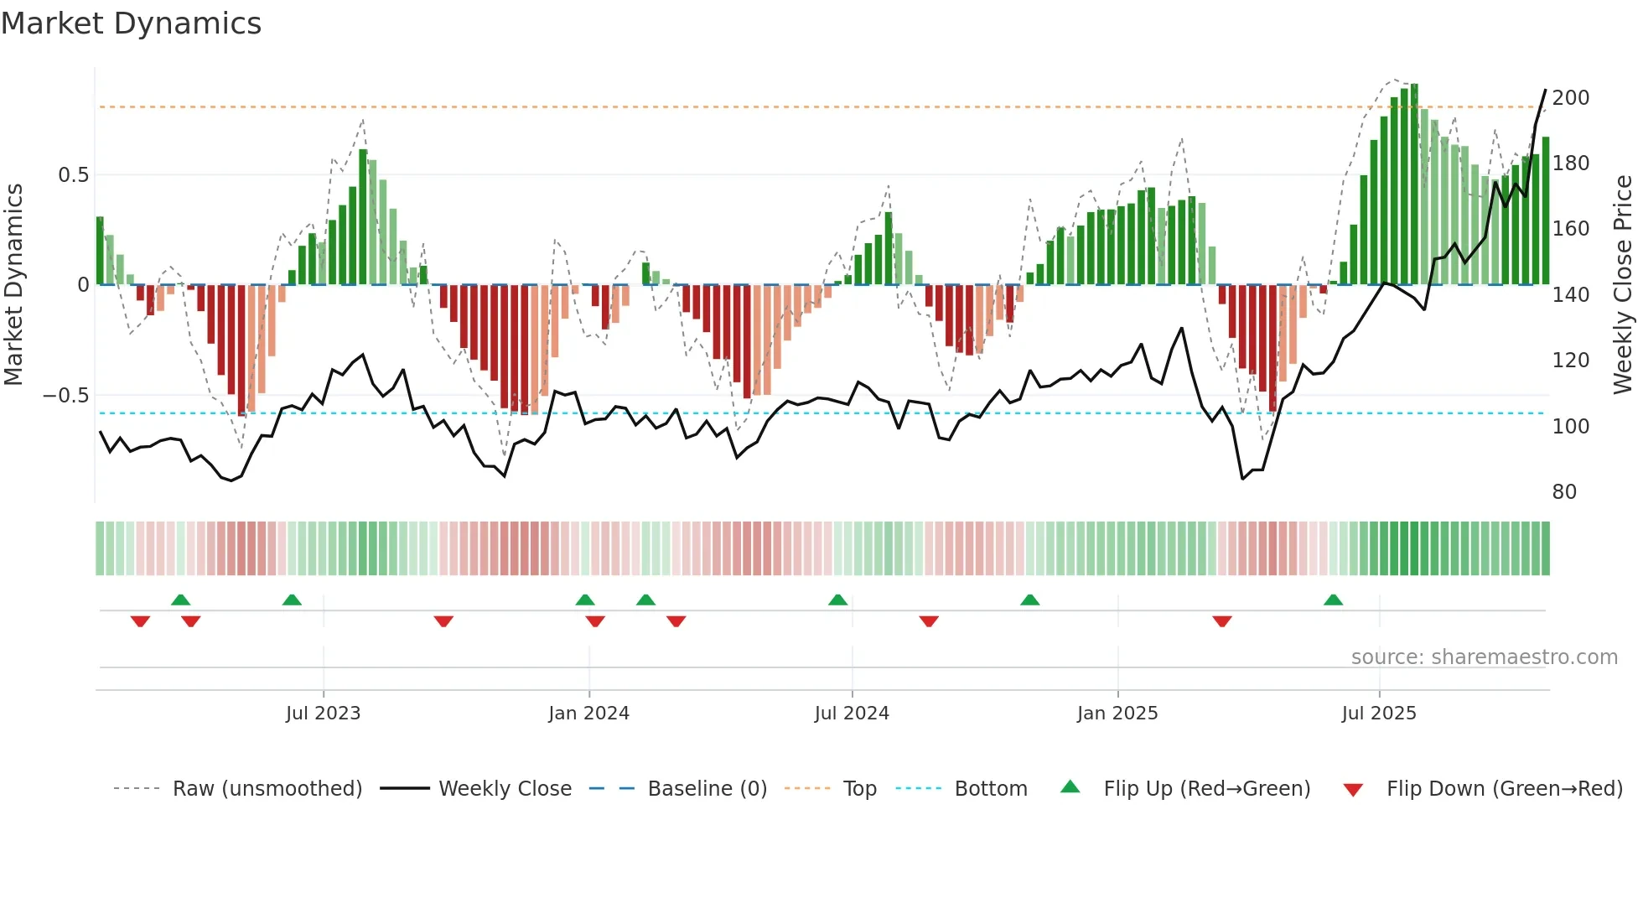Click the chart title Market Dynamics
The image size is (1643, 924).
coord(131,23)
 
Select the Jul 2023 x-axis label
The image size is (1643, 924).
coord(323,714)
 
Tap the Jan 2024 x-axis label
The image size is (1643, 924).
coord(588,714)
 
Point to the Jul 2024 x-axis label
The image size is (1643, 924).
coord(852,714)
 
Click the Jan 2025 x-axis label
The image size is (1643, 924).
coord(1117,714)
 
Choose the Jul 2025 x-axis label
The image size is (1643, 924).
coord(1379,714)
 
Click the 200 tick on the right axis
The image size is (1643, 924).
coord(1571,98)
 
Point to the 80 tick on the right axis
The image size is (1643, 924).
coord(1564,492)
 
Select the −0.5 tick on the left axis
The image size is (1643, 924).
coord(66,396)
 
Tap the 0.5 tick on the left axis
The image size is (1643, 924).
coord(73,175)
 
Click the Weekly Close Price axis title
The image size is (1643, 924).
coord(1623,284)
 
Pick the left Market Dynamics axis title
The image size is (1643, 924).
coord(13,284)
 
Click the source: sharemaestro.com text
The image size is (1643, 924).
coord(1484,657)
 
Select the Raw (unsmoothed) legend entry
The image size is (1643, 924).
coord(267,789)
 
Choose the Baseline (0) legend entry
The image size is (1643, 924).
coord(707,789)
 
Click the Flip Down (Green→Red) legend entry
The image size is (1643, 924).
coord(1504,789)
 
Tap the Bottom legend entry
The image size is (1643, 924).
coord(990,789)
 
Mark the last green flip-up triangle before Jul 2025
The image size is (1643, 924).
coord(1333,600)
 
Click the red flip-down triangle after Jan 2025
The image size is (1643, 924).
coord(1222,621)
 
